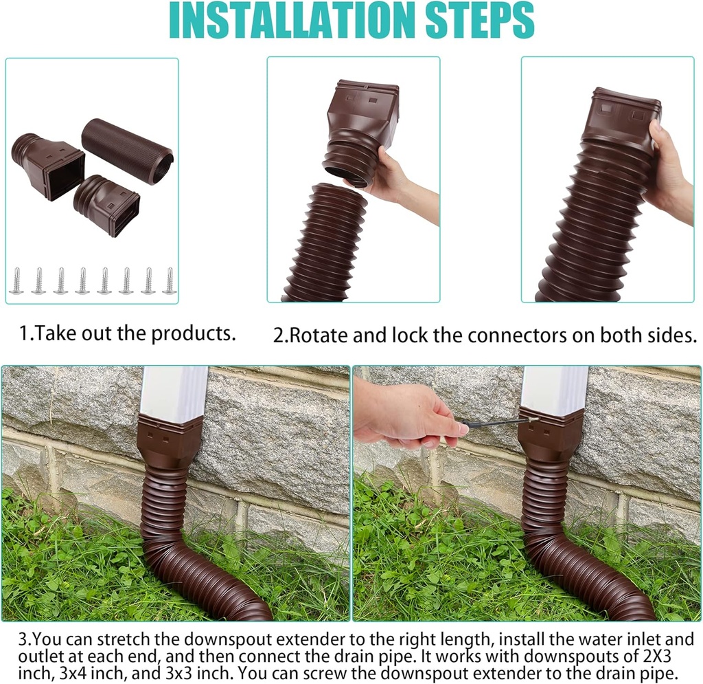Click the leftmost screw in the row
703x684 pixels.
coord(16,281)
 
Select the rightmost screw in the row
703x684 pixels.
coord(170,281)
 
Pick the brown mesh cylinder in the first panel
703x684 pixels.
coord(128,151)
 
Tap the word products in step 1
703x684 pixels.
coord(194,333)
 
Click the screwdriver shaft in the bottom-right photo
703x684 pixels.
coord(491,421)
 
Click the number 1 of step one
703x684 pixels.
coord(23,334)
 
